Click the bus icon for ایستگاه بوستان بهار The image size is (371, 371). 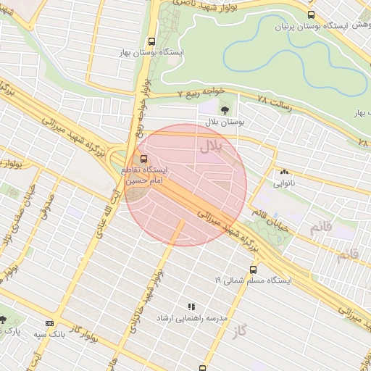(x=151, y=42)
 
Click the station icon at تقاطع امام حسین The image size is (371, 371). (x=143, y=159)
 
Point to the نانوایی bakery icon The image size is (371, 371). (x=284, y=172)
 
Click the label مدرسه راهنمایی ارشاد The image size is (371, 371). (x=191, y=318)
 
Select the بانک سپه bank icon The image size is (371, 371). (x=49, y=323)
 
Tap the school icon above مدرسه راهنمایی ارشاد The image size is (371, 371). (x=191, y=307)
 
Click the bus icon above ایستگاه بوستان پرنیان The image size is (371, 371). (x=311, y=14)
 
